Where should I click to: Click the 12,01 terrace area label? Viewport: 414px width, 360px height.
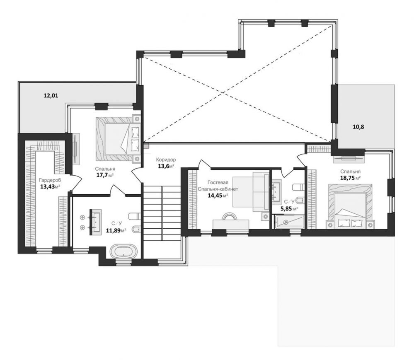(x=51, y=96)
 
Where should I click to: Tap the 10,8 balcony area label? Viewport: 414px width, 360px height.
(x=358, y=127)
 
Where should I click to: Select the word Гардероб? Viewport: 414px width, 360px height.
(x=50, y=180)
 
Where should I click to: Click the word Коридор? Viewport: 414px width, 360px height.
(x=166, y=159)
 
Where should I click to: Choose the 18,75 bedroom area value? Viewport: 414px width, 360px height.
(x=347, y=178)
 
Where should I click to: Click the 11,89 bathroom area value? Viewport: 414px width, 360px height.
(x=113, y=230)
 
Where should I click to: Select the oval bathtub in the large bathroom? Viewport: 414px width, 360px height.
(x=124, y=251)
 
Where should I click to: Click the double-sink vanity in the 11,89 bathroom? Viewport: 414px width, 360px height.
(x=95, y=222)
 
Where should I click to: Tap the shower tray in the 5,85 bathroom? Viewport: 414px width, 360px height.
(x=289, y=222)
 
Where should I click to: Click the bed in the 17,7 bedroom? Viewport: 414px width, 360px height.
(x=118, y=139)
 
